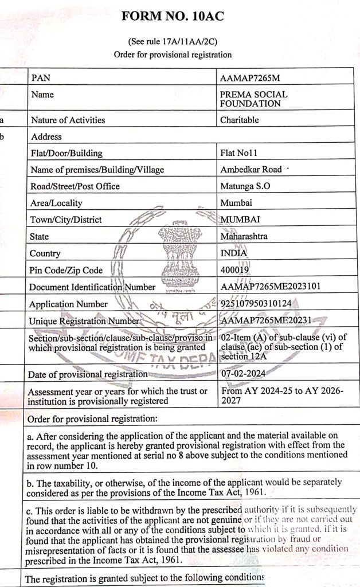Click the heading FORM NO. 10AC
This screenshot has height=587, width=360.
tap(173, 17)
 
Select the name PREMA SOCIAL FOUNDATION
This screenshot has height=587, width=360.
tap(254, 99)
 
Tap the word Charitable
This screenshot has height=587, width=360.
tap(240, 120)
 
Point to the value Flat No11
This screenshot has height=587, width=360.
tap(239, 153)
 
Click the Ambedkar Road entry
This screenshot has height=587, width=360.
tap(251, 170)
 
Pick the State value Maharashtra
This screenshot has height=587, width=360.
tap(244, 236)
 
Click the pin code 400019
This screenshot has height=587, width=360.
tap(235, 269)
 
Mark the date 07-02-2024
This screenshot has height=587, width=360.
tap(243, 374)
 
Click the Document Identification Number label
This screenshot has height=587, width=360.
tap(92, 287)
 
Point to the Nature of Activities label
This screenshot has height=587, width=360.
tap(68, 120)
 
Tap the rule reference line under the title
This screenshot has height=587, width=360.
tap(172, 42)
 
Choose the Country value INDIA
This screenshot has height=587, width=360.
tap(234, 253)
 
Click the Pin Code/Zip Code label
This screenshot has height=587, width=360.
tap(66, 270)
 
